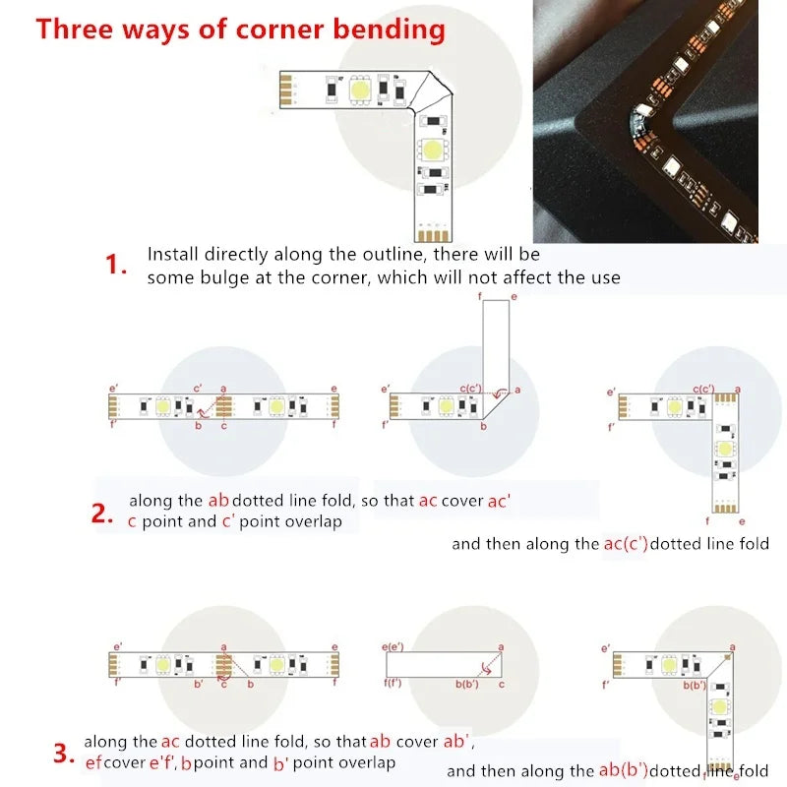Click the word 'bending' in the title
coord(388,29)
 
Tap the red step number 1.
coord(117,265)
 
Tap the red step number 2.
coord(103,513)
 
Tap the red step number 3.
coord(64,755)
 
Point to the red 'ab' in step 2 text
coord(218,500)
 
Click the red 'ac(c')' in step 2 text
coord(626,543)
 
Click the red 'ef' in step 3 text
coord(92,763)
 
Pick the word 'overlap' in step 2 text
coord(313,521)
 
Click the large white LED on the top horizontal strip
coord(360,90)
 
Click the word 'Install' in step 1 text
coord(173,254)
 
